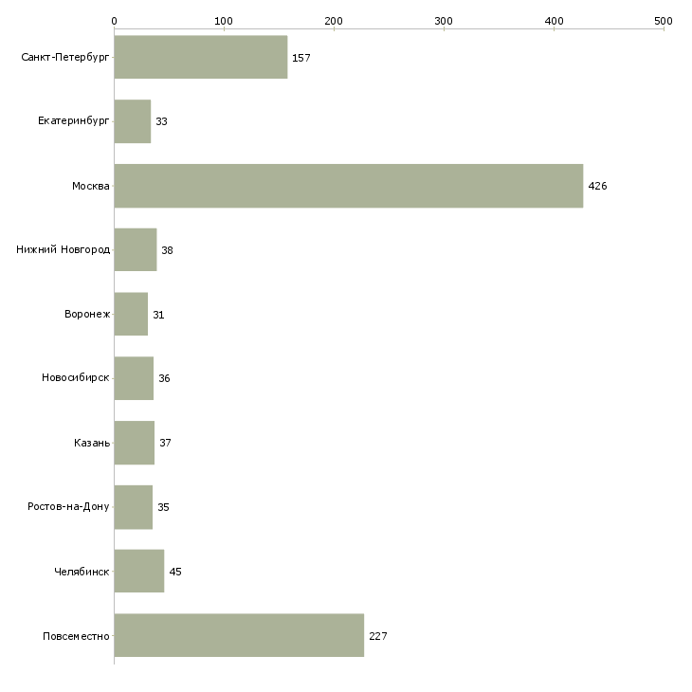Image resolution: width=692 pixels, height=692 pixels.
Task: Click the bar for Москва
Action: [x=349, y=186]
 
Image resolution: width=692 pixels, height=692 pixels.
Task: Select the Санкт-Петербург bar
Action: [x=201, y=57]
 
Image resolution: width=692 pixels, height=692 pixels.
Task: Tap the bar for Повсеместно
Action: [x=239, y=635]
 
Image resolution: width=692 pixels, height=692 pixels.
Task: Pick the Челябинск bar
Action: [x=139, y=571]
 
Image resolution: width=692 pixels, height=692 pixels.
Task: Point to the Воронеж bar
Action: [x=131, y=314]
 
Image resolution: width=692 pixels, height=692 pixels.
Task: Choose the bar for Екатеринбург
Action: [x=133, y=121]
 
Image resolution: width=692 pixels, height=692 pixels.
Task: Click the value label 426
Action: [x=597, y=186]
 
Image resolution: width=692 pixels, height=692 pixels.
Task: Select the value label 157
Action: [x=301, y=58]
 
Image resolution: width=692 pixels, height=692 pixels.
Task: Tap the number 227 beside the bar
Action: [x=378, y=636]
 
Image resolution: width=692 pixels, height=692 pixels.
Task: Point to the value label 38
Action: [x=167, y=250]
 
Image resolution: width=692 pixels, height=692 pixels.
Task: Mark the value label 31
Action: [x=158, y=315]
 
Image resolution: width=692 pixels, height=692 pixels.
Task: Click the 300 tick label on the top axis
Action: [x=444, y=21]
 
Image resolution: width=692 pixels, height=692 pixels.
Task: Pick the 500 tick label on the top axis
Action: [x=664, y=21]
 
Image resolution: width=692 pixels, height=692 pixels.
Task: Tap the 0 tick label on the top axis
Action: [x=115, y=21]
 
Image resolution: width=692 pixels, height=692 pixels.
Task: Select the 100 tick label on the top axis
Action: [x=224, y=21]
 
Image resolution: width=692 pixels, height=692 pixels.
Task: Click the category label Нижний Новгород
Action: [x=64, y=250]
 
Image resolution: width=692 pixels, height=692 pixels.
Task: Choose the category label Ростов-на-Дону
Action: [x=68, y=506]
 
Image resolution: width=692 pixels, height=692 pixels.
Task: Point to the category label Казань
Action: [x=92, y=443]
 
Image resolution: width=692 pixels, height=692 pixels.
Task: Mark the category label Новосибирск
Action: [x=76, y=378]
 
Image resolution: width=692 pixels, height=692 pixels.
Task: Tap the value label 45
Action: [x=175, y=572]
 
